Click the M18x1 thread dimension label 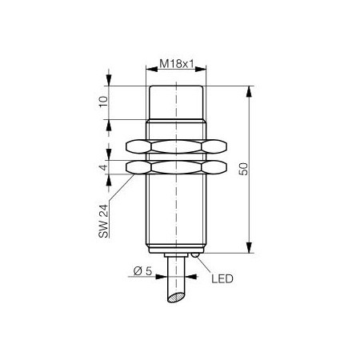click(x=176, y=63)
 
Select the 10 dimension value click(x=104, y=102)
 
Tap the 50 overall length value click(x=243, y=169)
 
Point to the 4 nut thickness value click(x=104, y=167)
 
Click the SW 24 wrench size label click(x=103, y=221)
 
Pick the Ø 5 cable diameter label click(x=142, y=271)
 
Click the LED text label click(x=222, y=279)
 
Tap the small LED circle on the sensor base click(x=195, y=255)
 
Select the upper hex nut click(x=176, y=146)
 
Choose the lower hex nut click(x=176, y=167)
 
